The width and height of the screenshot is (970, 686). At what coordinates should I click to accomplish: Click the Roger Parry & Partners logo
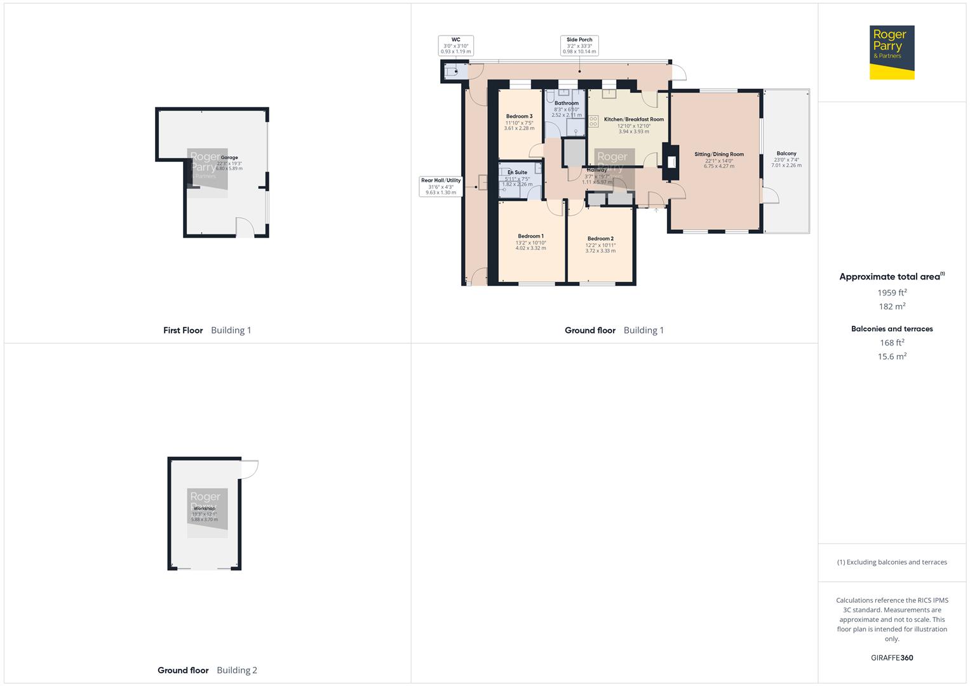click(x=891, y=52)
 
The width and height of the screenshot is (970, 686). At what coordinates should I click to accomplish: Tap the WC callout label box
click(x=455, y=46)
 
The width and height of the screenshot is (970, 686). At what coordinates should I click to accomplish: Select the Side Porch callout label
click(x=579, y=46)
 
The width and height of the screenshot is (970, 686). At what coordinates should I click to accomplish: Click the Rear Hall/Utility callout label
click(x=440, y=186)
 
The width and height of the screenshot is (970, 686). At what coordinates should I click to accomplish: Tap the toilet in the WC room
click(x=452, y=72)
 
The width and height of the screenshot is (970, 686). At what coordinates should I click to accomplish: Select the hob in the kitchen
click(x=593, y=121)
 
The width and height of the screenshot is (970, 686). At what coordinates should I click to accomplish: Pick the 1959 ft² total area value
click(x=892, y=293)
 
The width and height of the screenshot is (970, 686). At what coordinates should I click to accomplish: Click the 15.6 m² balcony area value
click(x=892, y=356)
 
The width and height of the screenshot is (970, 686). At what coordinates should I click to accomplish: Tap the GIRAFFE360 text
click(x=892, y=657)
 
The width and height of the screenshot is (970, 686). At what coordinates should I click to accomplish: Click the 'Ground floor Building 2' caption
click(x=207, y=670)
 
